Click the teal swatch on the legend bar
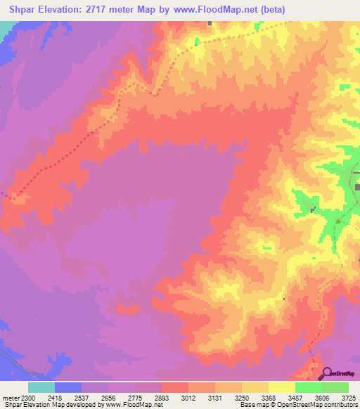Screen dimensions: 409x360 pyautogui.click(x=41, y=387)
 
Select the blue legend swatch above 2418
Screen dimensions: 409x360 pyautogui.click(x=68, y=387)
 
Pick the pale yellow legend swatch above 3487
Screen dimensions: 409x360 pyautogui.click(x=282, y=387)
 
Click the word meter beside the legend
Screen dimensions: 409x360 pyautogui.click(x=9, y=398)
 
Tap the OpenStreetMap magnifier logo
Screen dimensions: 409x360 pyautogui.click(x=328, y=373)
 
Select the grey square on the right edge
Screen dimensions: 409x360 pyautogui.click(x=357, y=188)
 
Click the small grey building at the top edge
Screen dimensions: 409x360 pyautogui.click(x=210, y=23)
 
